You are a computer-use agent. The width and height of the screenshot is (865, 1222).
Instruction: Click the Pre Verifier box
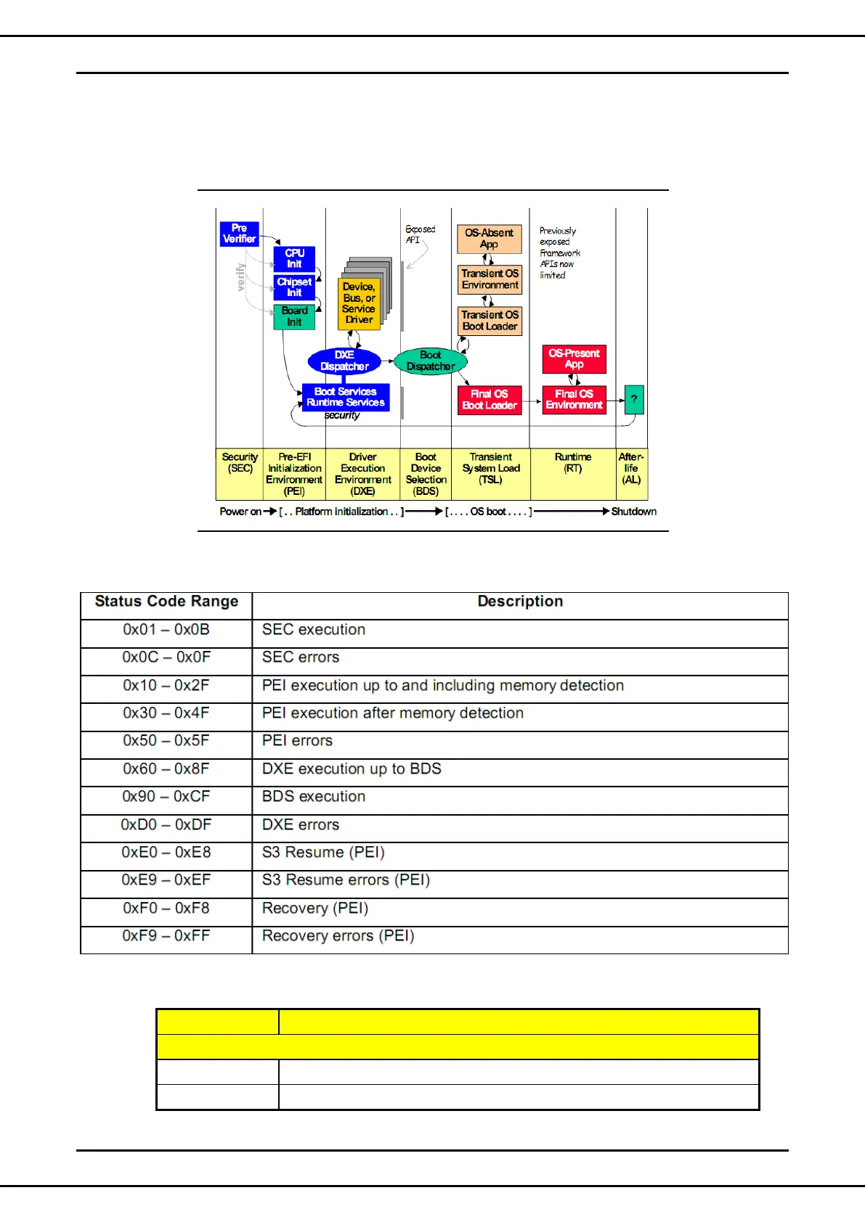[239, 234]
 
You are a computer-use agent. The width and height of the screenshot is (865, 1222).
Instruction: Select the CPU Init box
[294, 259]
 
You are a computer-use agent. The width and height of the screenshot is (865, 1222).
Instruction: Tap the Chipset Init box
[294, 287]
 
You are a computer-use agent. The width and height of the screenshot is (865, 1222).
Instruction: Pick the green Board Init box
[294, 316]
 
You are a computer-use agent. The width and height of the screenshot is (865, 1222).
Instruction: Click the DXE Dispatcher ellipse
[344, 361]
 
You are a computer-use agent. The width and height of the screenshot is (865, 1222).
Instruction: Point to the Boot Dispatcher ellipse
[431, 361]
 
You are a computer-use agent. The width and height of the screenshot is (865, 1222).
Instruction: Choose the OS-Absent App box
[489, 239]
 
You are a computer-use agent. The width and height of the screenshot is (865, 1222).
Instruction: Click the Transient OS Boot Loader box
[490, 321]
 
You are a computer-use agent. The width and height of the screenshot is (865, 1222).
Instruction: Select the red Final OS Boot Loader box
[490, 400]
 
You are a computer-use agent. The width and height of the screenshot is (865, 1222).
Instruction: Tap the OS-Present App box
[574, 359]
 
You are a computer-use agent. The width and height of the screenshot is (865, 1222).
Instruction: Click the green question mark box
[634, 399]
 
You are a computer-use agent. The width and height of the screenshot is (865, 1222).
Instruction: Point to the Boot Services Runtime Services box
[346, 397]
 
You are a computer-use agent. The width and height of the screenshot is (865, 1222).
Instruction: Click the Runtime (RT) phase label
[573, 463]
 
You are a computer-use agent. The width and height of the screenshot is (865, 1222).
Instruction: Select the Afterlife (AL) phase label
[631, 468]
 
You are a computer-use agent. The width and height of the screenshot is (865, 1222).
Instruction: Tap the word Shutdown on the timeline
[633, 512]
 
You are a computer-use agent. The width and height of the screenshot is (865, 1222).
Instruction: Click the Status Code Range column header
[166, 602]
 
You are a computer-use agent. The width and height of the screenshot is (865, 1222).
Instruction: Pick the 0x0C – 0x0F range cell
[166, 657]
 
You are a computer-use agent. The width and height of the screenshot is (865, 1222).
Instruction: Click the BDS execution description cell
[314, 797]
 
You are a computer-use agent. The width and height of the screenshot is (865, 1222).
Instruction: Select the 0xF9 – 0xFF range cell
[166, 936]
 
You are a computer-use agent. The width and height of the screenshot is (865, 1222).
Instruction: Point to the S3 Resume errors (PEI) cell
[346, 880]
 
